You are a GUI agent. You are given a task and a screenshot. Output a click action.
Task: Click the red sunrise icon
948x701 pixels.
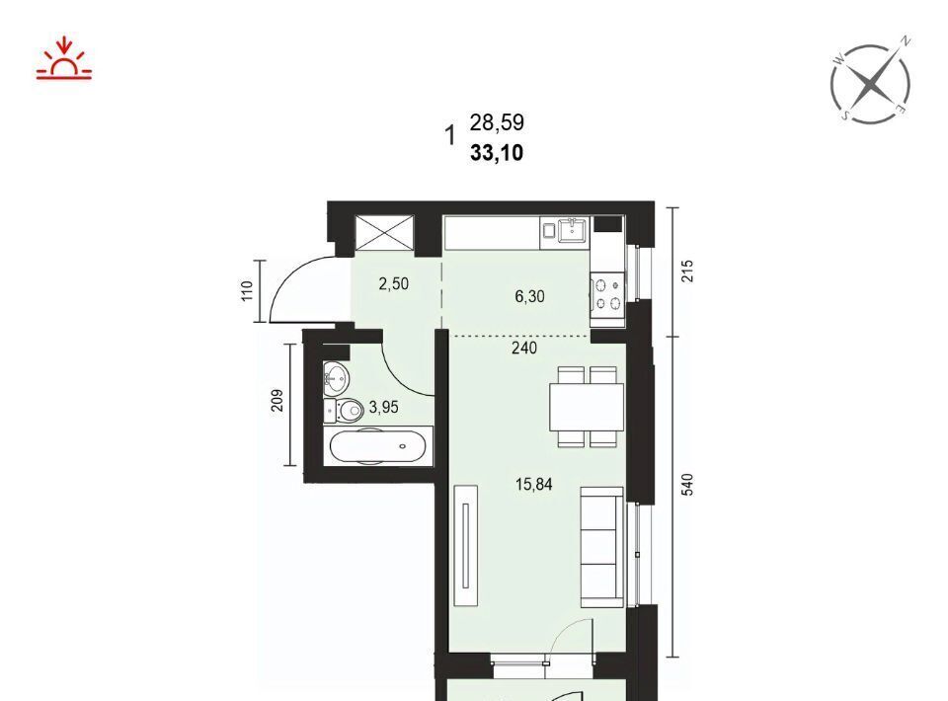click(x=64, y=59)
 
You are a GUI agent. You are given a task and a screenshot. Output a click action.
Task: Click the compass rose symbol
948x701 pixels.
click(x=871, y=81)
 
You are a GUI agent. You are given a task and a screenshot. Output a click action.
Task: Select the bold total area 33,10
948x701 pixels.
click(x=497, y=153)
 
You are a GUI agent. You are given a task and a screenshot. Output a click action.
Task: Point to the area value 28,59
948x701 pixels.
click(x=497, y=122)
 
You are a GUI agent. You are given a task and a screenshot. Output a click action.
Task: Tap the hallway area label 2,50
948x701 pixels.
click(x=394, y=283)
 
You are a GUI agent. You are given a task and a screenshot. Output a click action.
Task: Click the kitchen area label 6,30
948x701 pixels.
click(x=529, y=296)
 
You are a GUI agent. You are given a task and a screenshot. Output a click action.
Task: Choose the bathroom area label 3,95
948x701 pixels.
click(x=384, y=408)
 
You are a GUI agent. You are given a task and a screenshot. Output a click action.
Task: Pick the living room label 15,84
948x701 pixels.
click(x=534, y=484)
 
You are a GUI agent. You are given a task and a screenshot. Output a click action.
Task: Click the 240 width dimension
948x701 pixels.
click(x=524, y=349)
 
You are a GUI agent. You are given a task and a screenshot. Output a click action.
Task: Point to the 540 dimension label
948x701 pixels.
click(x=687, y=485)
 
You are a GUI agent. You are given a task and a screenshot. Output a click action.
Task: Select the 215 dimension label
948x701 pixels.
click(x=687, y=272)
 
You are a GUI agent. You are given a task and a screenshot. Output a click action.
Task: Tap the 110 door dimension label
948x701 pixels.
click(x=247, y=291)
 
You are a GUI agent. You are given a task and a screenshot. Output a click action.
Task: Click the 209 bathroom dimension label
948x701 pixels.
click(x=276, y=401)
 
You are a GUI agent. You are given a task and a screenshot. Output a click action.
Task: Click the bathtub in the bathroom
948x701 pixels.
click(x=378, y=446)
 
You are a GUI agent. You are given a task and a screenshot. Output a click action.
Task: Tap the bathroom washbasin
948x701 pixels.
click(x=336, y=378)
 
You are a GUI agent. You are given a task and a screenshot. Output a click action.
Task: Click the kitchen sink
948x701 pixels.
click(x=572, y=230)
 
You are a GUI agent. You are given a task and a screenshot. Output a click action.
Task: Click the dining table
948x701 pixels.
click(x=587, y=407)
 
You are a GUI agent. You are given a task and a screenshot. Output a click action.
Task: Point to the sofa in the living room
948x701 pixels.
click(x=602, y=547)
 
